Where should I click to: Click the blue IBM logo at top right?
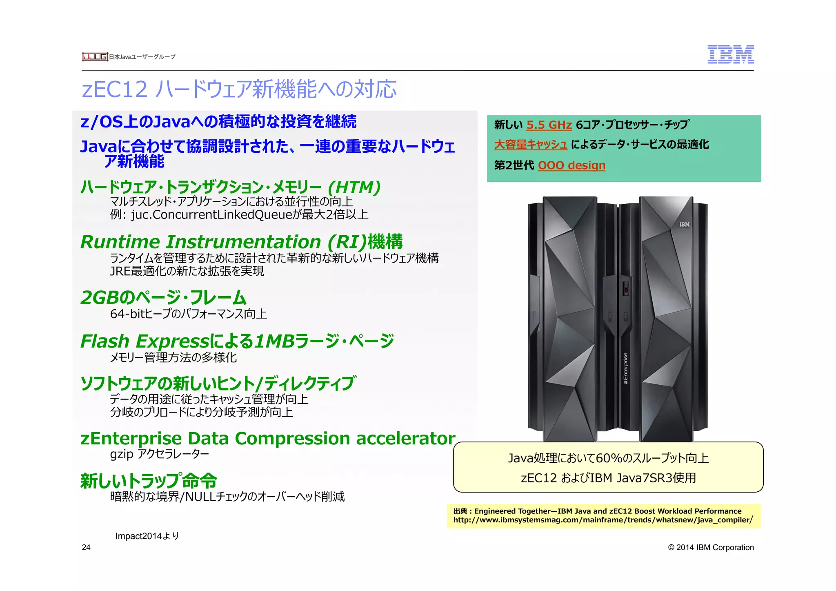coord(730,54)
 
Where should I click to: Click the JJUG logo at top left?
coord(95,57)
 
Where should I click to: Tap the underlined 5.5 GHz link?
coord(549,125)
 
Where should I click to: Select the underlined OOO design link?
coord(571,165)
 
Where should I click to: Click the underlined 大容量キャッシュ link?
coord(531,145)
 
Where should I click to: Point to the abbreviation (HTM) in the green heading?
coord(354,187)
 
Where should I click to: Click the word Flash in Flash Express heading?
coord(105,341)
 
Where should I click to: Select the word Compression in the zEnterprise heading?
coord(292,438)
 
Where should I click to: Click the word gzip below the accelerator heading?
coord(121,454)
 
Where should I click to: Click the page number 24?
coord(86,547)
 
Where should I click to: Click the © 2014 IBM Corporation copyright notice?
coord(711,547)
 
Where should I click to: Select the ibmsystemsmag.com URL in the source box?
coord(603,520)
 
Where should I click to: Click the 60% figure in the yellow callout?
coord(608,458)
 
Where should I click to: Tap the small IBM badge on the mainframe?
coord(684,225)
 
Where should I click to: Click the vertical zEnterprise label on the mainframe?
coord(625,368)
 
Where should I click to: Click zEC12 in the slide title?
coord(114,89)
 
